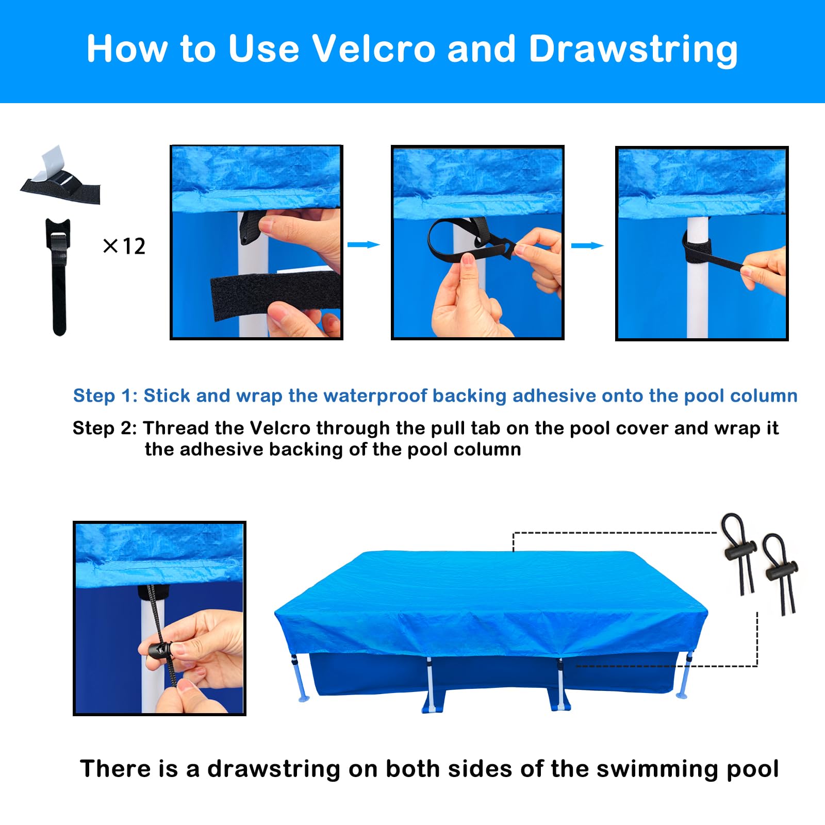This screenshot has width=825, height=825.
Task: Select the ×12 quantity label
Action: coord(124,246)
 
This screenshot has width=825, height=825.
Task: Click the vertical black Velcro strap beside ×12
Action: coord(58,277)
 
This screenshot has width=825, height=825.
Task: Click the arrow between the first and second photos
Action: coord(364,244)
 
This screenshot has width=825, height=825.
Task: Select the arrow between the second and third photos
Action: coord(587,245)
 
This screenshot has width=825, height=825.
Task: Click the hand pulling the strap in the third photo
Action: coord(763,270)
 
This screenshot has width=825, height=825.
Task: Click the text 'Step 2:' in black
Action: coord(105,428)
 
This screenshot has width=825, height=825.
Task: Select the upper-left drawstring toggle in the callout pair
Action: coord(739,554)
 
